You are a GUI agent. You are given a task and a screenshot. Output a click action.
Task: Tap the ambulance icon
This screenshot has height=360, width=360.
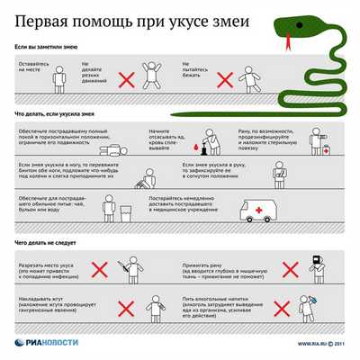click(257, 209)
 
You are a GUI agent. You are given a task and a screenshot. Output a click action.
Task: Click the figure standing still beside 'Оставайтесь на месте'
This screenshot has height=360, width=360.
click(58, 80)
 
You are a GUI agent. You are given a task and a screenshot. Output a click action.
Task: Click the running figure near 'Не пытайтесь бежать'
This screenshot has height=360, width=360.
click(247, 79)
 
